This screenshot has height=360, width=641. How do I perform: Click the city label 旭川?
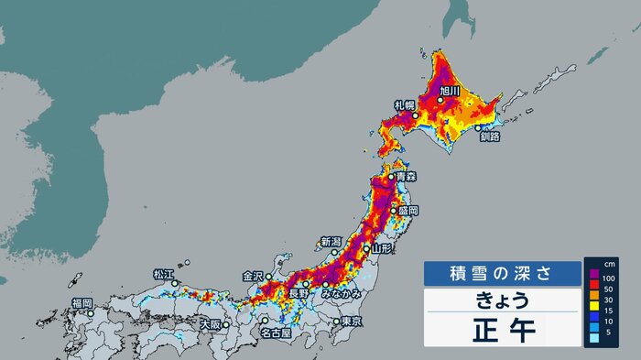[449, 91]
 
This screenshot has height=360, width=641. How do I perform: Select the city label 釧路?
[490, 136]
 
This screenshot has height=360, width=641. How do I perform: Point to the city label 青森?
[407, 177]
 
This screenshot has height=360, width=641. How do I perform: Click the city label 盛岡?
[407, 211]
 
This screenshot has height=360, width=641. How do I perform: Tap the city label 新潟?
[331, 242]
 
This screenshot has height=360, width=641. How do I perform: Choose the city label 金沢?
[253, 275]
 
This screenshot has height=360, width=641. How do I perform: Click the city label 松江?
[164, 274]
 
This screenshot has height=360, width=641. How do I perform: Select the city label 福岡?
[81, 303]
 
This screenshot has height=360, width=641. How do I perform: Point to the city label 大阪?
[211, 325]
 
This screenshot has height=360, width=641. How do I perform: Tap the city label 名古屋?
[276, 333]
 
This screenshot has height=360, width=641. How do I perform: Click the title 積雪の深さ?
[501, 273]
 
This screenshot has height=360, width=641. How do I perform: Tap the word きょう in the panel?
[502, 300]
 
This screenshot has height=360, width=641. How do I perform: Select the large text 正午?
[502, 328]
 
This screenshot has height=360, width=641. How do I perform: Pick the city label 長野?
[299, 293]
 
